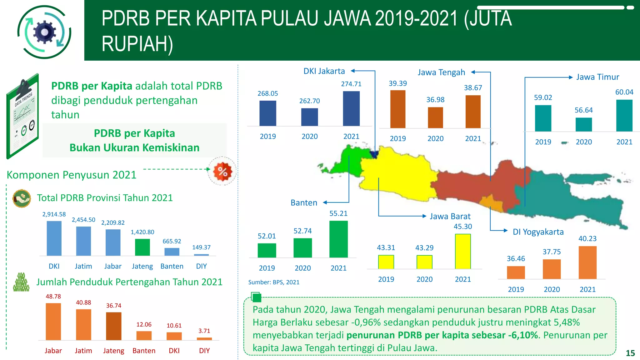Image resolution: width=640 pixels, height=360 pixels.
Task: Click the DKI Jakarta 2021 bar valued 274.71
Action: point(351,108)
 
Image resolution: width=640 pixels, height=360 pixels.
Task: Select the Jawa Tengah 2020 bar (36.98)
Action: point(435,117)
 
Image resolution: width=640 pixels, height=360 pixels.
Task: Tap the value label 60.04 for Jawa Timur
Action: point(624,92)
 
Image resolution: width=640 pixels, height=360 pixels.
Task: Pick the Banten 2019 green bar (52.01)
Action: point(267,250)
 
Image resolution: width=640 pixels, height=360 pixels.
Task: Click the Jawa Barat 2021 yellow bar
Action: point(463,251)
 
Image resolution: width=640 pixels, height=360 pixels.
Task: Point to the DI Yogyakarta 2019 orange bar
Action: point(516,272)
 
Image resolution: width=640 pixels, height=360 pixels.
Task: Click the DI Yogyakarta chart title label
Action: point(538,232)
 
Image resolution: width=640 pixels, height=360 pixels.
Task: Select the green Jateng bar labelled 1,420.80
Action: point(142,247)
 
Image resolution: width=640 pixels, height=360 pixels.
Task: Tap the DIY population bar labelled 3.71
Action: point(204,339)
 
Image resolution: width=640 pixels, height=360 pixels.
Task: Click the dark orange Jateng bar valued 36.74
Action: point(113,326)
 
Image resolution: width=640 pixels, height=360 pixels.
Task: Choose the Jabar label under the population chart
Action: point(53,351)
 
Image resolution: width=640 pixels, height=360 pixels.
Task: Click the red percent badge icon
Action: point(222,171)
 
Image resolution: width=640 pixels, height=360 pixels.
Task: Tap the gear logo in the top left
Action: point(44,32)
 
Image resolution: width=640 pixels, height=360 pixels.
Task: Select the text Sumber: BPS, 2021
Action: point(274,282)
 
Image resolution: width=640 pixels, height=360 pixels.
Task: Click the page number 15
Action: point(630,353)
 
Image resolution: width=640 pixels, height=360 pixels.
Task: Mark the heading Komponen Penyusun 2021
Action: point(72,175)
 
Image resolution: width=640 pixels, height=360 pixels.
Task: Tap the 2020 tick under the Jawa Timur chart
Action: point(583,142)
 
